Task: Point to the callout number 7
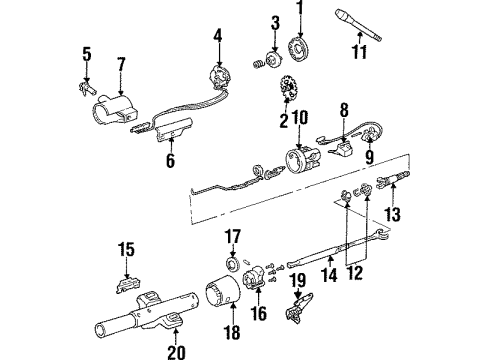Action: click(x=120, y=65)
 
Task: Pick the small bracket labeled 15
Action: click(x=126, y=280)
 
